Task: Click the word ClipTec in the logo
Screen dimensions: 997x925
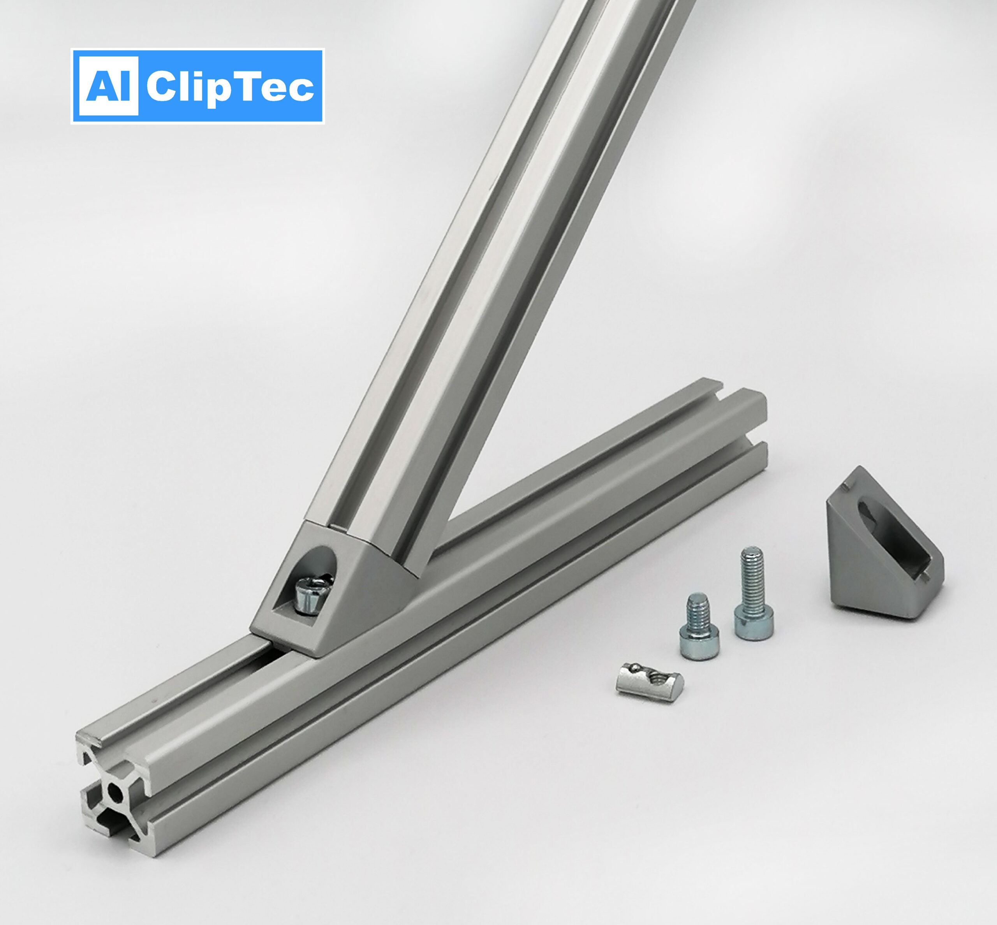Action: (x=230, y=87)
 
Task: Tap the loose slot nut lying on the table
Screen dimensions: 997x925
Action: (x=648, y=681)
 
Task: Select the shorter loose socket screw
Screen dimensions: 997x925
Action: (x=699, y=626)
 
